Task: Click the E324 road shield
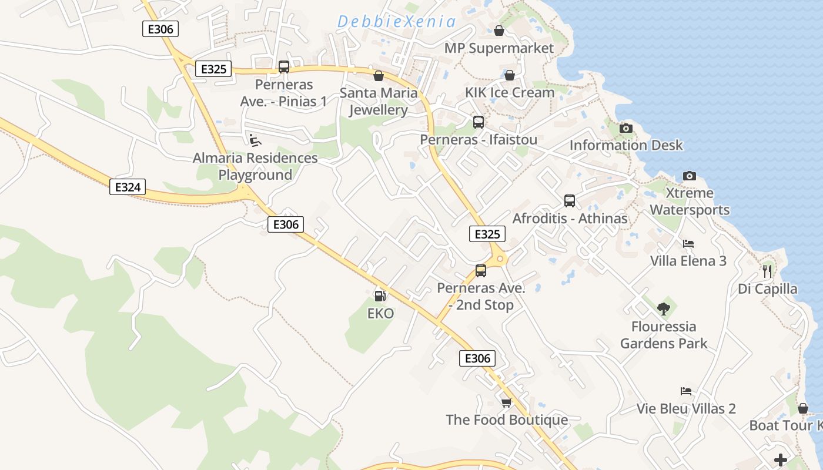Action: pyautogui.click(x=128, y=187)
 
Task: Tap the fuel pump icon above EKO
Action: pyautogui.click(x=380, y=296)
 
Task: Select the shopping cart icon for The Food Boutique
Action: pyautogui.click(x=506, y=402)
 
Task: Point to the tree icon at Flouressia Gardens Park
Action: pyautogui.click(x=664, y=308)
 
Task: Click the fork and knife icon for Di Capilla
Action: pyautogui.click(x=767, y=271)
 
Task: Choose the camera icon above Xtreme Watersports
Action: pyautogui.click(x=689, y=176)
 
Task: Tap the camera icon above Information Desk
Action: pyautogui.click(x=626, y=128)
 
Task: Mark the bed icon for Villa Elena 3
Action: pyautogui.click(x=688, y=243)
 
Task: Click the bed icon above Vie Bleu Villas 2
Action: pyautogui.click(x=685, y=391)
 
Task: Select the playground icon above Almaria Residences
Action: pyautogui.click(x=255, y=140)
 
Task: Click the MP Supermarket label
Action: pyautogui.click(x=499, y=48)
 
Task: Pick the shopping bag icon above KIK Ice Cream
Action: pyautogui.click(x=510, y=75)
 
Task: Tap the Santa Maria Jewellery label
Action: pyautogui.click(x=379, y=101)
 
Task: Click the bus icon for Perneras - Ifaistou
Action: pyautogui.click(x=479, y=122)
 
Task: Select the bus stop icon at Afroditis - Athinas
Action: pyautogui.click(x=569, y=201)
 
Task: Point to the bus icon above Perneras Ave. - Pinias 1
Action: pyautogui.click(x=284, y=67)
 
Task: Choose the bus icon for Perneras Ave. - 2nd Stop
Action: pyautogui.click(x=481, y=271)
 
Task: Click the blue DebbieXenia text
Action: pyautogui.click(x=396, y=22)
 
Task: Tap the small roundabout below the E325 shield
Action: pyautogui.click(x=500, y=258)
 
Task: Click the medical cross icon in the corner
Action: pyautogui.click(x=780, y=459)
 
